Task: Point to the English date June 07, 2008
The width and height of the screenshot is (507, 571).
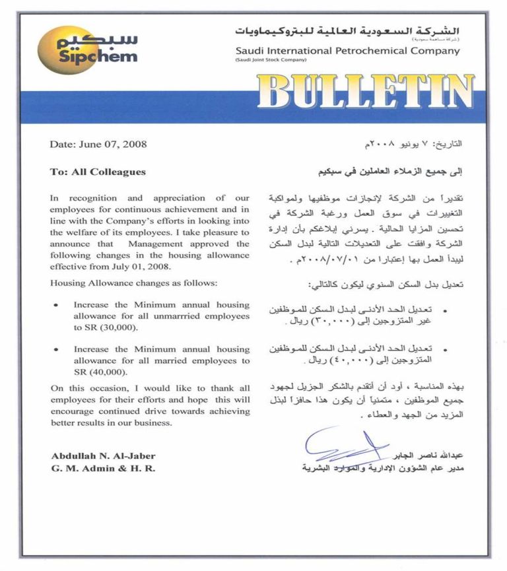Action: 98,144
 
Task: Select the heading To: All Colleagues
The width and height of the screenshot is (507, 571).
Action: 98,172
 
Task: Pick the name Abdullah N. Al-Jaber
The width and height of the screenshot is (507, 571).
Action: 103,456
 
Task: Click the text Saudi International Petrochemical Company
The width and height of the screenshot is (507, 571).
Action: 347,51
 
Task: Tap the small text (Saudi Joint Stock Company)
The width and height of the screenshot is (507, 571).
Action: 271,60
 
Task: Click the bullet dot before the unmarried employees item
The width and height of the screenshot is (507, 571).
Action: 56,306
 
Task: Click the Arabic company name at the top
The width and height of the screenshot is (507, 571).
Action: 348,31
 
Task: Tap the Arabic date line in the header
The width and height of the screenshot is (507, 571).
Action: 410,144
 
